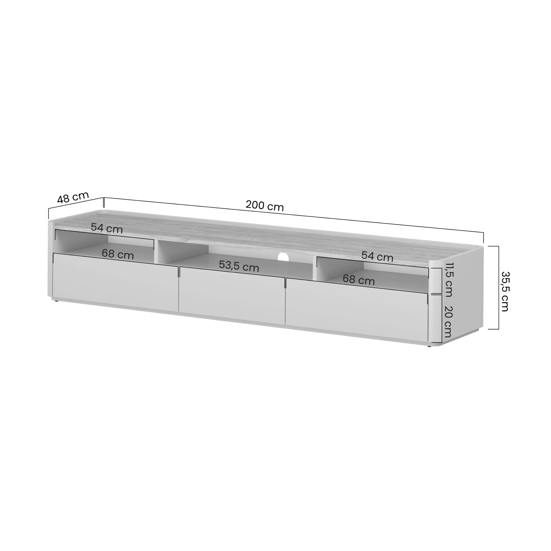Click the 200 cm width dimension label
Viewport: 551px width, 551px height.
tap(264, 206)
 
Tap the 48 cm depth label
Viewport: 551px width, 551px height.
tap(73, 197)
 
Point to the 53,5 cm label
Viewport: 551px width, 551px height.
tap(239, 266)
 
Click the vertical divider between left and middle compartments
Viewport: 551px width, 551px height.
tap(156, 252)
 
